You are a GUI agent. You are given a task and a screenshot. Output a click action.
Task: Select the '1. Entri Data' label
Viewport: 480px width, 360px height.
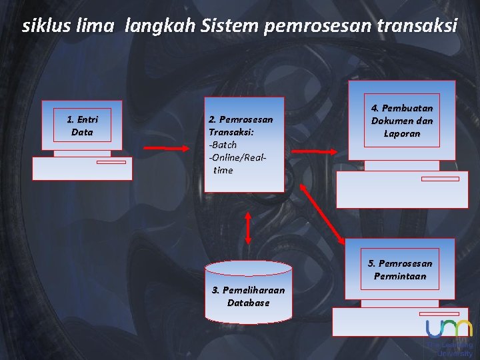[x=82, y=126]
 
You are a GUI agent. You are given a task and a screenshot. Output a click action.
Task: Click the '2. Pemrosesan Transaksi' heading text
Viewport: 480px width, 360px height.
[x=241, y=126]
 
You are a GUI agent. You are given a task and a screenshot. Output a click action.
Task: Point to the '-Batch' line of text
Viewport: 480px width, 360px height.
[x=223, y=145]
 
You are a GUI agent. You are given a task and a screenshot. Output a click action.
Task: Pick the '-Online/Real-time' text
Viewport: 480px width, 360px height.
[x=237, y=163]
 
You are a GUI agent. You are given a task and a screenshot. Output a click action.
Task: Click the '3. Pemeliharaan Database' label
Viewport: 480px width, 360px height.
[x=248, y=296]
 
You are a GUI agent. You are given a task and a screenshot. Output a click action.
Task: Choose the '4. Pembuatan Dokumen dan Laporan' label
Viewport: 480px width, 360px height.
[x=402, y=121]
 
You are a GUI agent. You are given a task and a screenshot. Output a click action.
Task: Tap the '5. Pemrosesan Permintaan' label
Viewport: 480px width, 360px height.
[x=400, y=270]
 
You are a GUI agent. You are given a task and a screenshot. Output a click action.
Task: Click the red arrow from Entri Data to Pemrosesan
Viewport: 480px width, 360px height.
[x=167, y=147]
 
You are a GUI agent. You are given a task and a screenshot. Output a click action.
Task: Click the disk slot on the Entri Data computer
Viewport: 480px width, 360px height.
[x=111, y=162]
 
